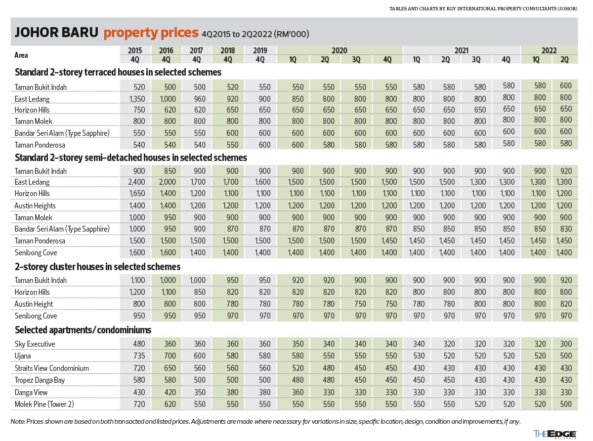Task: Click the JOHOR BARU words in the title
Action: click(x=56, y=33)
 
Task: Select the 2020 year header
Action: click(x=339, y=50)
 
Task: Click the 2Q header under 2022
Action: click(x=564, y=60)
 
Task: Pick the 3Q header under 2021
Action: click(x=476, y=60)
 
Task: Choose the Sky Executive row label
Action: click(x=35, y=344)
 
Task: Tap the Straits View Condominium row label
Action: click(x=52, y=368)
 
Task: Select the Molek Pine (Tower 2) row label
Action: click(x=45, y=404)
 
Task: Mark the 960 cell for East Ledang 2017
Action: click(x=196, y=99)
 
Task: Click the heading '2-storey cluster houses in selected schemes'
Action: click(x=97, y=267)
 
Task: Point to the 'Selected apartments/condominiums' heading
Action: click(x=83, y=330)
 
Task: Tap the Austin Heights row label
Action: click(x=35, y=206)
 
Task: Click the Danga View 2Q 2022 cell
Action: click(x=564, y=393)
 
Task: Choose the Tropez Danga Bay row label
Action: click(x=40, y=380)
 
